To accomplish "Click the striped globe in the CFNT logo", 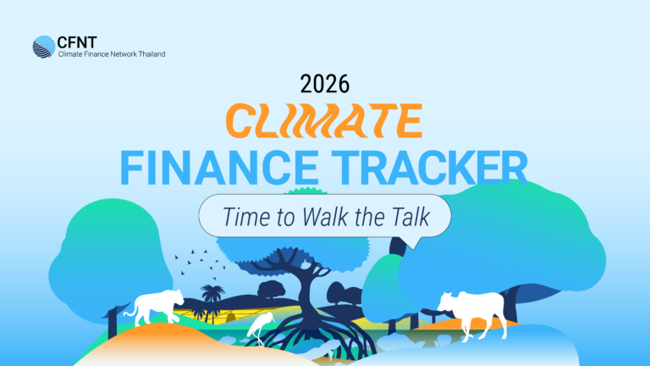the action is [44, 47].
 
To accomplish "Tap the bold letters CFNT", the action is [77, 42].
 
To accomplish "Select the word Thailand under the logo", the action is [151, 54].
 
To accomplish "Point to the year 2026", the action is [325, 84].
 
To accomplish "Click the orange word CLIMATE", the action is [324, 121].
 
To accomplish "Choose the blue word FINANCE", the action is [219, 168].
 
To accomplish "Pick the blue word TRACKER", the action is [429, 168].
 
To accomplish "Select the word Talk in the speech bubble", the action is [408, 217].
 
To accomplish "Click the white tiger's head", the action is [176, 297].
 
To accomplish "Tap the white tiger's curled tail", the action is [130, 311].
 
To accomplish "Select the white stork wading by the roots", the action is [261, 328].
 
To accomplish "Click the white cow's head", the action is [447, 303].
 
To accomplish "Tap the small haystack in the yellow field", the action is [230, 317].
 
